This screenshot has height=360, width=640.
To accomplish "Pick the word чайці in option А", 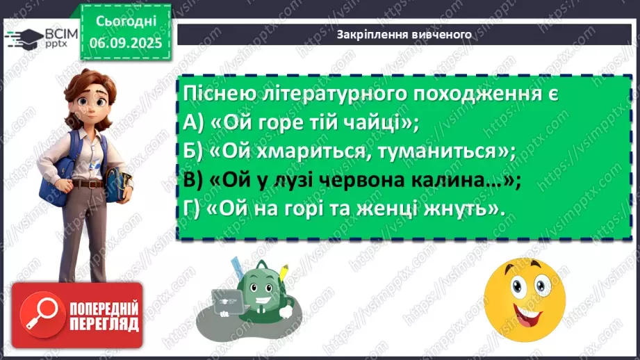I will click(x=372, y=124).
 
